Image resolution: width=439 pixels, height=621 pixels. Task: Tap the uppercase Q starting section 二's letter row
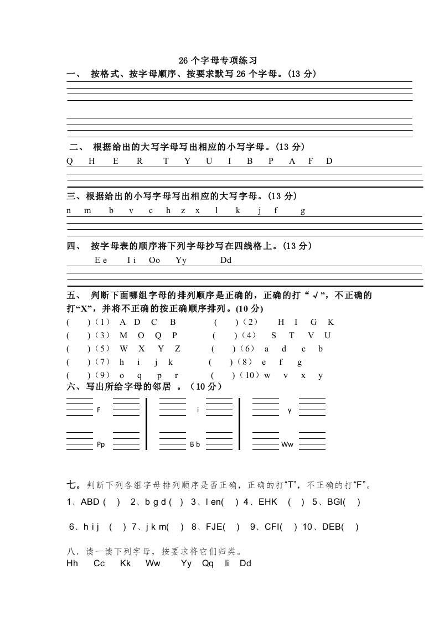point(70,161)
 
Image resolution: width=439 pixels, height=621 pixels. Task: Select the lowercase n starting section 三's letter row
point(69,210)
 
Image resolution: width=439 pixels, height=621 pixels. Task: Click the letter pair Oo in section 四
point(154,260)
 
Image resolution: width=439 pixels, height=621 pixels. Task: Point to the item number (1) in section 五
point(102,322)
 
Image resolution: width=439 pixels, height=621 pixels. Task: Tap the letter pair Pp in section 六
point(101,444)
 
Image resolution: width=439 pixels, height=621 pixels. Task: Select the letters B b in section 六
point(195,444)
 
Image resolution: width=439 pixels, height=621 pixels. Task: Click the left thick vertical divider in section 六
point(147,423)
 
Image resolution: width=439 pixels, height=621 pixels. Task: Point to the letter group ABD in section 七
point(90,502)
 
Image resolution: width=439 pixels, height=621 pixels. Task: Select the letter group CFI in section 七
point(273,527)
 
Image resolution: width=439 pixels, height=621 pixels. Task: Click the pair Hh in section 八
point(72,563)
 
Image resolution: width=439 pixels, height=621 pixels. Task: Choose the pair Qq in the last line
point(208,563)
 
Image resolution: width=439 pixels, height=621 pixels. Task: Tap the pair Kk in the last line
point(125,563)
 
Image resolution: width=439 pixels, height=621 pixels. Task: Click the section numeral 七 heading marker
point(73,485)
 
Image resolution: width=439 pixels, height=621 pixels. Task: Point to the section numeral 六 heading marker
point(71,386)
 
